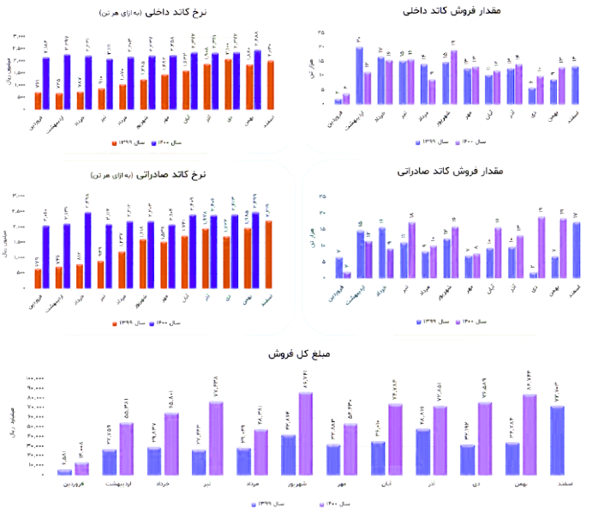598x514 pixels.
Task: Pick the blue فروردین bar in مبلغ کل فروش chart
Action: tap(64, 471)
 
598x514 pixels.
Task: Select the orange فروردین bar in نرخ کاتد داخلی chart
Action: tap(38, 100)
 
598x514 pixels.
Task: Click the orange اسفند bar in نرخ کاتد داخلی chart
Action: tap(271, 85)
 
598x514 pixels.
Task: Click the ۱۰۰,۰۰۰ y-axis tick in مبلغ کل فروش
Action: tap(35, 378)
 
